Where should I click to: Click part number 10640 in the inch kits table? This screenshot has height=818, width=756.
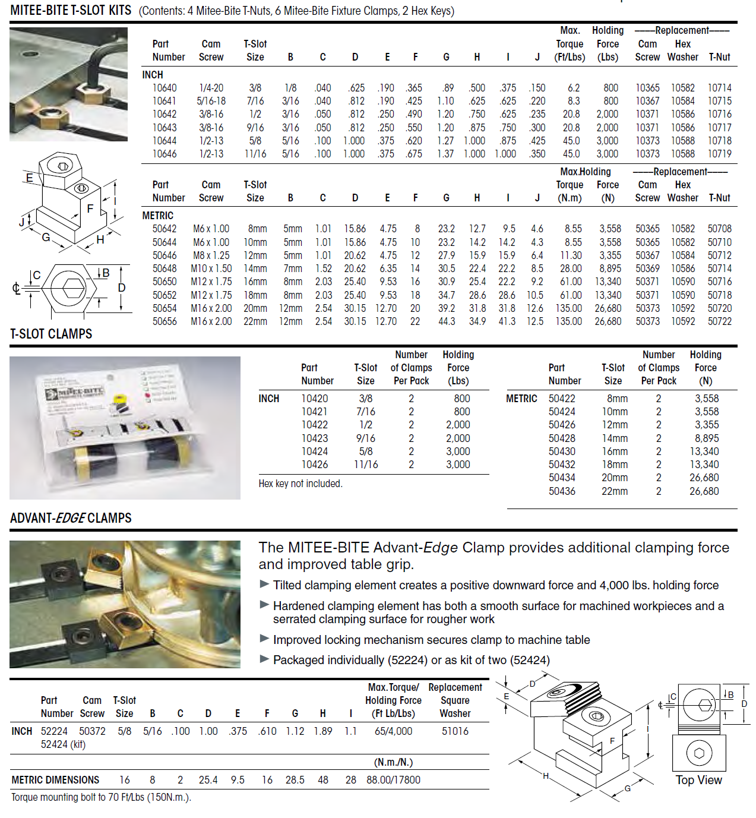(x=165, y=88)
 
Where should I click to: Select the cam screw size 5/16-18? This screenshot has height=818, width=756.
(x=211, y=101)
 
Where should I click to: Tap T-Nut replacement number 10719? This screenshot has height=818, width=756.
(x=719, y=154)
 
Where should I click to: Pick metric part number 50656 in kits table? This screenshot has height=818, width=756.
(x=165, y=321)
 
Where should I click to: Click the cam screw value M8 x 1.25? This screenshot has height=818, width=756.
(x=211, y=255)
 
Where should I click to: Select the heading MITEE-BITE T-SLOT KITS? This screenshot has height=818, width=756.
(x=71, y=10)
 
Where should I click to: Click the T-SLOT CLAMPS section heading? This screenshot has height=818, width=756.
(x=51, y=334)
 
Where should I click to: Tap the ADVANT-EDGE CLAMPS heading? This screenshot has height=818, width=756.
(x=71, y=518)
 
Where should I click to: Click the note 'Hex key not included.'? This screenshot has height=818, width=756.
(x=300, y=484)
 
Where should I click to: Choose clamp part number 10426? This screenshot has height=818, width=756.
(x=314, y=465)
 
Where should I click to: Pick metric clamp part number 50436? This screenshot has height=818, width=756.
(x=562, y=491)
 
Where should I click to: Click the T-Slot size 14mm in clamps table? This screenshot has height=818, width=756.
(x=614, y=438)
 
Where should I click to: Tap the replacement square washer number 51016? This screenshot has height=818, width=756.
(x=455, y=731)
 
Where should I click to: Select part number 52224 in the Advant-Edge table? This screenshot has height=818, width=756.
(x=54, y=731)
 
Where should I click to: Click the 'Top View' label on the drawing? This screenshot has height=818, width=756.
(x=698, y=780)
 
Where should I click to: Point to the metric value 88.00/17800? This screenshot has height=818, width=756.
(x=393, y=780)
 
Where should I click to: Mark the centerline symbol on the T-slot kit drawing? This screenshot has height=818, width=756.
(x=16, y=289)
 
